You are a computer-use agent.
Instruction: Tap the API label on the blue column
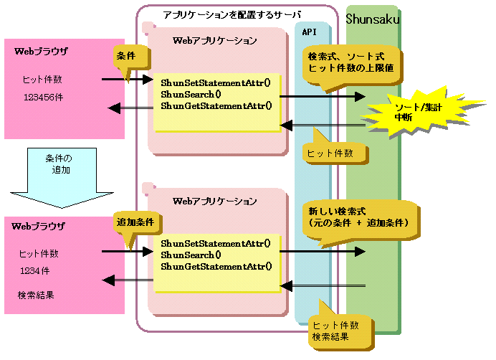coord(310,32)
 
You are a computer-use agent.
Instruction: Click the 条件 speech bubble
coord(129,57)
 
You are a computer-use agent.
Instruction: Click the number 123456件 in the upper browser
coord(43,96)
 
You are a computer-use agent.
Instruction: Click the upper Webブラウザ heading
coord(41,52)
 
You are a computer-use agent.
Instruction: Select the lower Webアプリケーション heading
coord(215,202)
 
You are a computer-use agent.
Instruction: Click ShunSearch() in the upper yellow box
coord(191,94)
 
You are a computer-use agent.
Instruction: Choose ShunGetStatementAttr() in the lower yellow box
coord(216,267)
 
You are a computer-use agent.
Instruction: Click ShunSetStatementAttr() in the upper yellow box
coord(215,82)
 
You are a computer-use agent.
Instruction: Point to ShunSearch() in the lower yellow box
coord(191,255)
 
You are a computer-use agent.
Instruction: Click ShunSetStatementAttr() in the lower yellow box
coord(215,242)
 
